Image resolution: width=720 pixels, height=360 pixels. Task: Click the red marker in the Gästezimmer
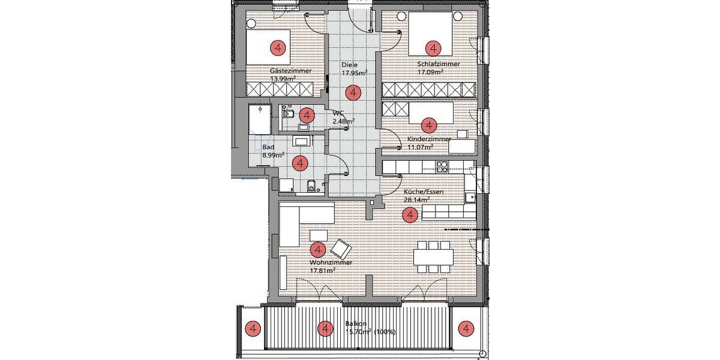pyautogui.click(x=277, y=47)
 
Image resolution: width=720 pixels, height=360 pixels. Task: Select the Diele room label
pyautogui.click(x=350, y=65)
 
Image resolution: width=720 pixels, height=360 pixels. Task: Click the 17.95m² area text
pyautogui.click(x=354, y=73)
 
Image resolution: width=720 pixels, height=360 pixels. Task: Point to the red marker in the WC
pyautogui.click(x=307, y=114)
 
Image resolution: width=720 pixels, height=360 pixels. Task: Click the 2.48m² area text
pyautogui.click(x=343, y=121)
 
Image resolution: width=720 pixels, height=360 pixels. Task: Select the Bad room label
pyautogui.click(x=269, y=146)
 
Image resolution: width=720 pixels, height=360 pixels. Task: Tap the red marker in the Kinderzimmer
pyautogui.click(x=428, y=125)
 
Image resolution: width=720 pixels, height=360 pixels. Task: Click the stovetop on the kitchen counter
pyautogui.click(x=443, y=166)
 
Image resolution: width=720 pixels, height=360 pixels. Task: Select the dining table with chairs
pyautogui.click(x=433, y=256)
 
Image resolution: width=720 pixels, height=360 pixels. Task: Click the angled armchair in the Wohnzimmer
pyautogui.click(x=341, y=247)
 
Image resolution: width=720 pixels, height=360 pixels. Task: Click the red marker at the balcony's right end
pyautogui.click(x=466, y=328)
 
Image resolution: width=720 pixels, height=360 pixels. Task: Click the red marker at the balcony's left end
pyautogui.click(x=253, y=328)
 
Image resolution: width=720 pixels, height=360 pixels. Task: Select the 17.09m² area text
pyautogui.click(x=430, y=72)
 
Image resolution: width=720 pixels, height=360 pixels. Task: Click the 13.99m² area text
pyautogui.click(x=283, y=79)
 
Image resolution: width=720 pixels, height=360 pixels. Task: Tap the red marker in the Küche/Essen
pyautogui.click(x=410, y=214)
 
